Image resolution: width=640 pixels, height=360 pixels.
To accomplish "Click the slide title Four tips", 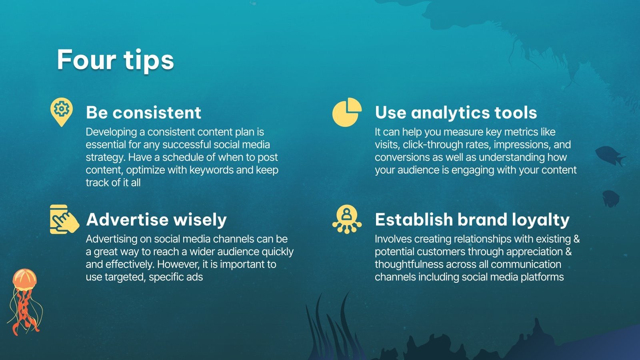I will pyautogui.click(x=115, y=60).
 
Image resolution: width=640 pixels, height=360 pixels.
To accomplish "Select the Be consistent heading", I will pyautogui.click(x=143, y=113).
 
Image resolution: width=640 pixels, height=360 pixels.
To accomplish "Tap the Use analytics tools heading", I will pyautogui.click(x=456, y=113).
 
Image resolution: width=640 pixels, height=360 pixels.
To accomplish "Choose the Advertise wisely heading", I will pyautogui.click(x=156, y=220).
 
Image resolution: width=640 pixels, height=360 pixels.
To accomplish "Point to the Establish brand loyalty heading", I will pyautogui.click(x=472, y=220).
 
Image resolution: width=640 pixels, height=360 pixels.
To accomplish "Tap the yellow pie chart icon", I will pyautogui.click(x=346, y=112).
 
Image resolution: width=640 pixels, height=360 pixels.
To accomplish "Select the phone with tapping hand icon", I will pyautogui.click(x=64, y=219).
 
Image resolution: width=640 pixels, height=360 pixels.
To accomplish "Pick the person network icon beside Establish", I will pyautogui.click(x=347, y=219).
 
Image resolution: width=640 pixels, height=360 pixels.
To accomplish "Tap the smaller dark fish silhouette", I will pyautogui.click(x=611, y=198).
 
